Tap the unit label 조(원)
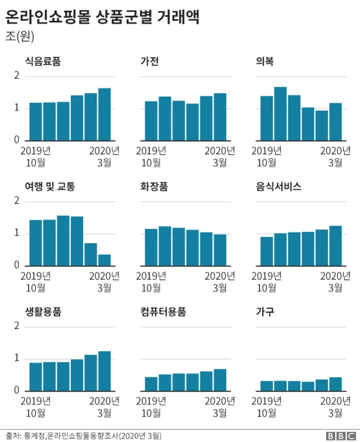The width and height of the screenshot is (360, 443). [21, 37]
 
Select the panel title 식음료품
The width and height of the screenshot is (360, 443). [43, 62]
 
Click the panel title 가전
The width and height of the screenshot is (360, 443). [149, 62]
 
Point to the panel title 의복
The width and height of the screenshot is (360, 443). [264, 62]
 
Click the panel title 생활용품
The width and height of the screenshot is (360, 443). [43, 312]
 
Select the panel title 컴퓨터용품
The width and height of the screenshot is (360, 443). [163, 312]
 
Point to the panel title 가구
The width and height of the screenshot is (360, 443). [264, 312]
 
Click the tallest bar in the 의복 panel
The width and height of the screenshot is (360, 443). [281, 114]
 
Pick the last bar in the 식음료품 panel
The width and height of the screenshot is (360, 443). [104, 114]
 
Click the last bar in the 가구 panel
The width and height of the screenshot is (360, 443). [335, 384]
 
